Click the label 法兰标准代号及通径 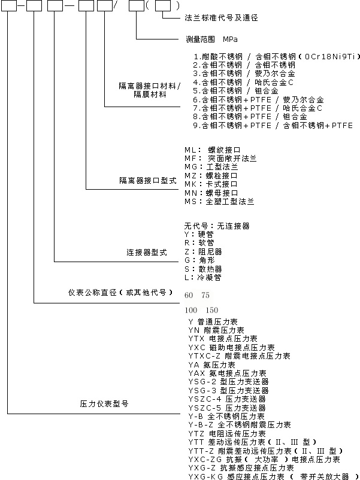coord(221,18)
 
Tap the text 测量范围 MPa coord(211,39)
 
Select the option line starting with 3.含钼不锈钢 coord(244,74)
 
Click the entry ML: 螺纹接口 coord(212,150)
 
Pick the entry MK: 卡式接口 coord(211,184)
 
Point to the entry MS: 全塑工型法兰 coord(219,202)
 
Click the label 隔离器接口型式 coord(148,181)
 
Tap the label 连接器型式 coord(147,253)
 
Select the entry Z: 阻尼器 coord(203,252)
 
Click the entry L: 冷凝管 coord(203,278)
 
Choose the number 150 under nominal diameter coord(212,310)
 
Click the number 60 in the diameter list coord(189,295)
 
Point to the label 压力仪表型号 coord(104,404)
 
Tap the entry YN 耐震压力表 coord(216,330)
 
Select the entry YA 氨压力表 coord(211,365)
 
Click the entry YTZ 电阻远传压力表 coord(227,434)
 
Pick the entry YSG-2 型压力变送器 coord(229,382)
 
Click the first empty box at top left coord(9,5)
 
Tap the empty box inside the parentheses coord(163,5)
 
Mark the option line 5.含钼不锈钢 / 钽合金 coord(235,91)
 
